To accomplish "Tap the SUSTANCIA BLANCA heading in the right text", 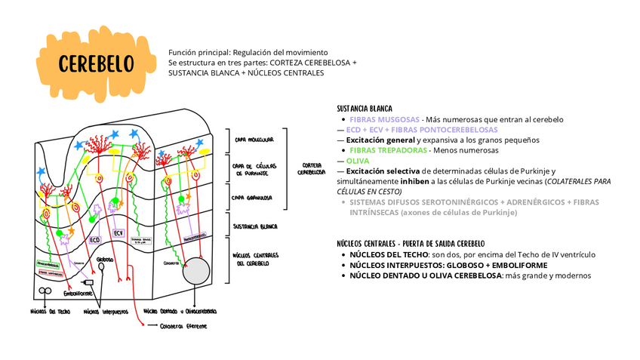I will [365, 109].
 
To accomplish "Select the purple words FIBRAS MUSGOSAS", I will [384, 119].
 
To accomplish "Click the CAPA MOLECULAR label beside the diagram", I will [253, 140].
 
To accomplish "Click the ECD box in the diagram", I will [95, 239].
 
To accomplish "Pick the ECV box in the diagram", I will [118, 233].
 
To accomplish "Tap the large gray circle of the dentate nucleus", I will [198, 270].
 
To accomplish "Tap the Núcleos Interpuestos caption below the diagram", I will [106, 310].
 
